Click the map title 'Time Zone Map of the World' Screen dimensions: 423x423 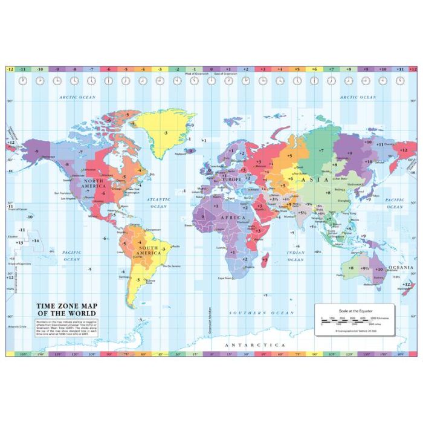66,309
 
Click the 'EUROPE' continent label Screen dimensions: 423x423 232,179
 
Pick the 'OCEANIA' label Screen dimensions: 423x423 401,267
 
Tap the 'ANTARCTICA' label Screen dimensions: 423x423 254,344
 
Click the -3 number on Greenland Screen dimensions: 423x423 164,131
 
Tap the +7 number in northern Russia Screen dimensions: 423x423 321,149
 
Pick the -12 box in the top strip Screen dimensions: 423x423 10,69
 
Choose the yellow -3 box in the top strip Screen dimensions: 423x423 160,69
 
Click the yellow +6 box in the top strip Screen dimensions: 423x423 314,69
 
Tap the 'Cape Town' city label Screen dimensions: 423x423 224,278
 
